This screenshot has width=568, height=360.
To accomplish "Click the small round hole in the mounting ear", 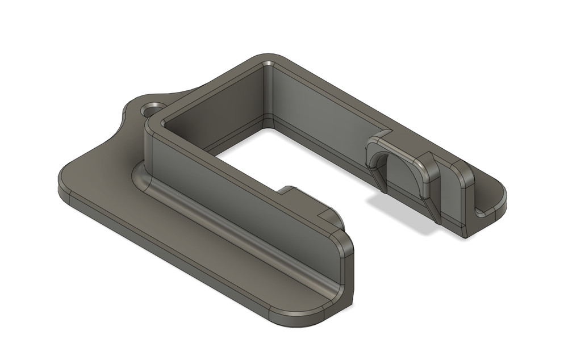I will click(x=152, y=108).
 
